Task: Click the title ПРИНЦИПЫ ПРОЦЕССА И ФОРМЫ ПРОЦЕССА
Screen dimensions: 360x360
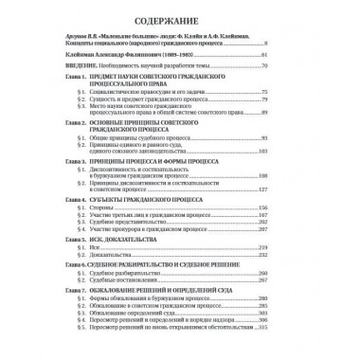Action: [157, 162]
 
